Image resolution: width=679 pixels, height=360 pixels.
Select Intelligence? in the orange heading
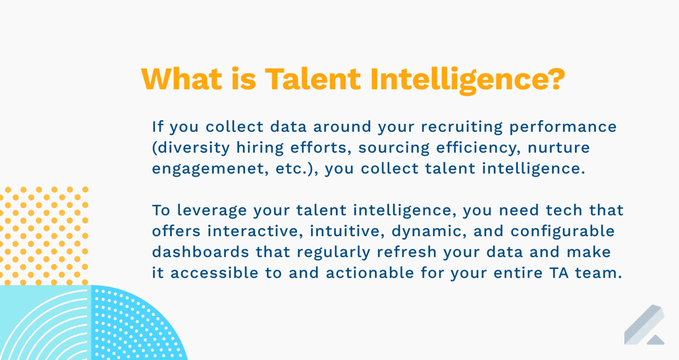[x=467, y=80]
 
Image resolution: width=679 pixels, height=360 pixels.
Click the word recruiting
[x=462, y=127]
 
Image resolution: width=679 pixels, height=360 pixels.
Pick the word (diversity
[x=191, y=148]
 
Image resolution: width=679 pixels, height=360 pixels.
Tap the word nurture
[x=559, y=148]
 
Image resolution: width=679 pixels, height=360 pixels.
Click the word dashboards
[x=201, y=252]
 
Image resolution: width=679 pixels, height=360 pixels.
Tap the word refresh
[x=406, y=252]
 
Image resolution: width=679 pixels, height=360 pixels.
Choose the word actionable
[x=370, y=273]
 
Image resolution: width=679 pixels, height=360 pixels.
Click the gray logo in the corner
[x=644, y=325]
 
